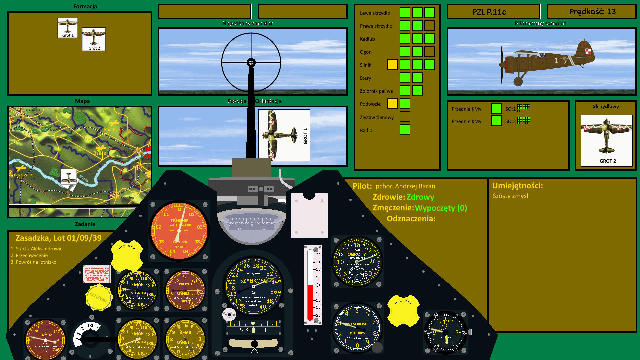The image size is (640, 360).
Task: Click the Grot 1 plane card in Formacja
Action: pos(68,28)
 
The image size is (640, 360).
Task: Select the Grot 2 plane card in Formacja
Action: pos(94,39)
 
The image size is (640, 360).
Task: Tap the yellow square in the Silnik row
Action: pos(392,65)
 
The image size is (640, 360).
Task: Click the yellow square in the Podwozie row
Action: pos(392,104)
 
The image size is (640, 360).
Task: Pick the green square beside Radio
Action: pos(405,130)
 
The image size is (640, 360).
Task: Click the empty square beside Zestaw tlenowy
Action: pos(405,117)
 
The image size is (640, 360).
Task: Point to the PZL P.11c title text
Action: pos(489,12)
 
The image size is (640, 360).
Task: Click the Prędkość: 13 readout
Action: pos(592,12)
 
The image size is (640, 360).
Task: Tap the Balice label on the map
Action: pos(99,153)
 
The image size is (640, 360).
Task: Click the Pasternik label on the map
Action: pos(114,129)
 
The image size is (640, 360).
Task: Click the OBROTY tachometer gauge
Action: pos(357,262)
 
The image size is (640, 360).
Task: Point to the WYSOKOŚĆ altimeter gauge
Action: pos(357,328)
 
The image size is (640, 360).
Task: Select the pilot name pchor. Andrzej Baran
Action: pos(405,186)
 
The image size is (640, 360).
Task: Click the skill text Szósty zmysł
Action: pos(510,196)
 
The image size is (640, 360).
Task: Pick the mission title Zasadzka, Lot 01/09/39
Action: pos(58,238)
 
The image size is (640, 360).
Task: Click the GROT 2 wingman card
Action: pos(606,140)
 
